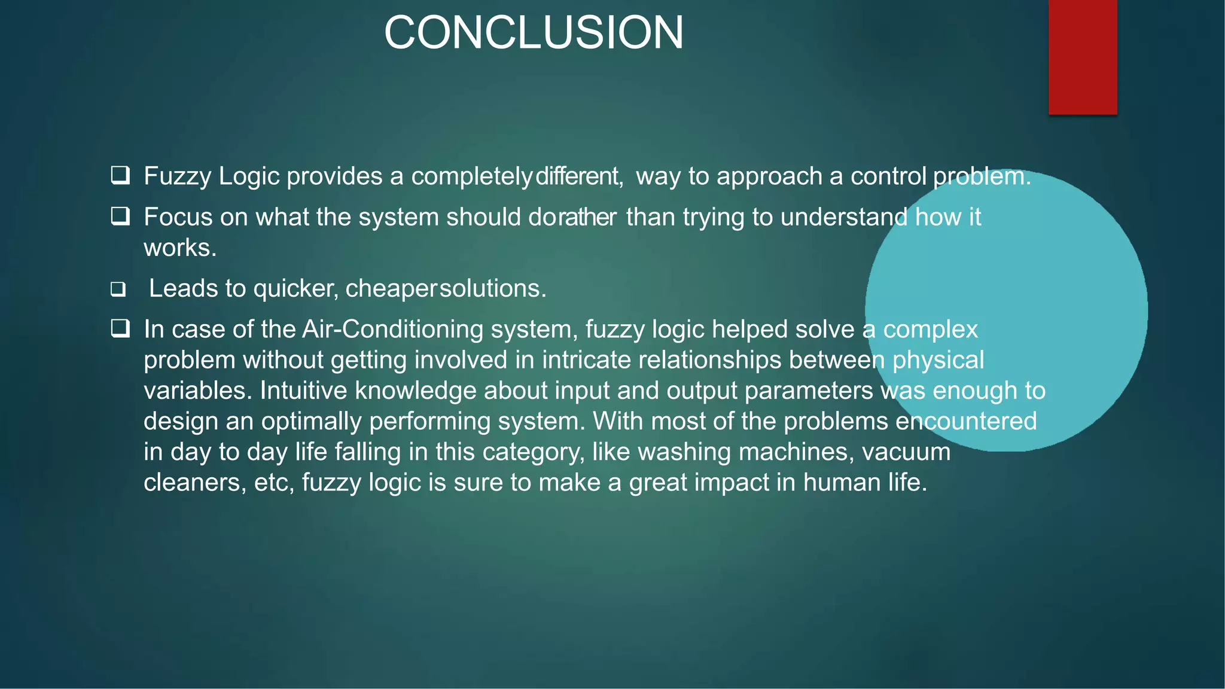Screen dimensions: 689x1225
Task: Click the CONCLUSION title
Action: [x=534, y=32]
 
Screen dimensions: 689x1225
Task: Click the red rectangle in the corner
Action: [x=1083, y=57]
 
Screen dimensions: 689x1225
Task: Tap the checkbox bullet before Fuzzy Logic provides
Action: [x=120, y=175]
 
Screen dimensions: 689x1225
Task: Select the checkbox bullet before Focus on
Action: [x=120, y=216]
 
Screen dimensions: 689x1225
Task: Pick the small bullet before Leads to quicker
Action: [x=118, y=289]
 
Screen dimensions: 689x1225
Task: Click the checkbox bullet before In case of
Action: [x=120, y=328]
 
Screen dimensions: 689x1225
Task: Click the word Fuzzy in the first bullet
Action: [x=178, y=176]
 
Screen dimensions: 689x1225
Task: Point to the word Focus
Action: [x=178, y=217]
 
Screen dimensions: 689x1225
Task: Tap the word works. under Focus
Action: [x=180, y=248]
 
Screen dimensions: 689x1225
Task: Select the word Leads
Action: [x=183, y=288]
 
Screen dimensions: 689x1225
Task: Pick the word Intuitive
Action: [x=303, y=391]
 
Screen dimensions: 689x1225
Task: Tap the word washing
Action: [x=684, y=452]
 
